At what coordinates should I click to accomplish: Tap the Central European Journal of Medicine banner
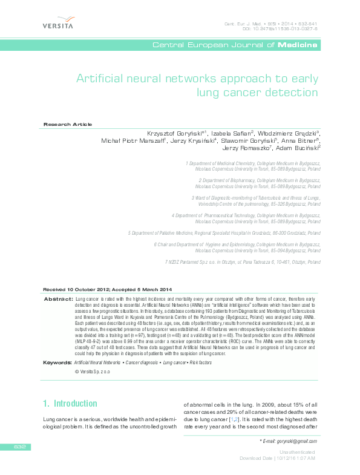pyautogui.click(x=235, y=45)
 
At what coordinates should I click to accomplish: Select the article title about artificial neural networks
pyautogui.click(x=197, y=85)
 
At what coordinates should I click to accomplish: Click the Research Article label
pyautogui.click(x=68, y=124)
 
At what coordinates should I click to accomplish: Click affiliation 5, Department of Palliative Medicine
pyautogui.click(x=224, y=232)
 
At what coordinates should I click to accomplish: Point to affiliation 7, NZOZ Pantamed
pyautogui.click(x=243, y=263)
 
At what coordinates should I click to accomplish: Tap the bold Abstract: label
pyautogui.click(x=59, y=300)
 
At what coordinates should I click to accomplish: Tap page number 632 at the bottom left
pyautogui.click(x=21, y=447)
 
